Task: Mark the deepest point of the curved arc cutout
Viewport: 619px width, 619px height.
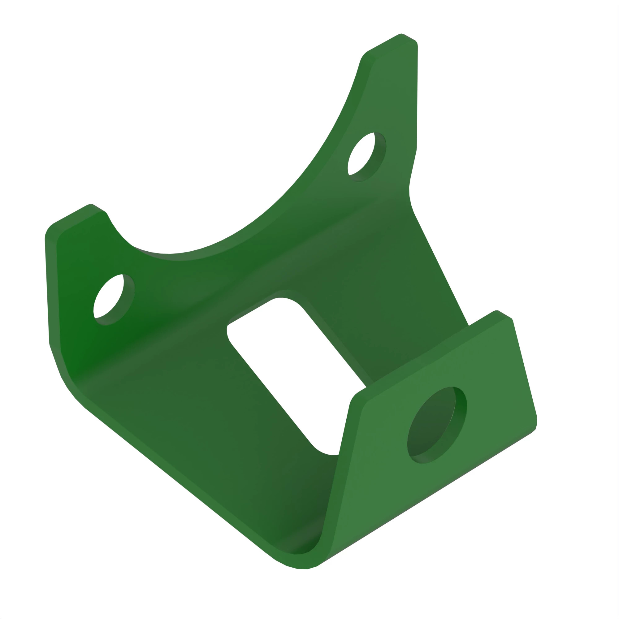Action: click(170, 254)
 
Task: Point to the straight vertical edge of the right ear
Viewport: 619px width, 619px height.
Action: click(417, 96)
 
